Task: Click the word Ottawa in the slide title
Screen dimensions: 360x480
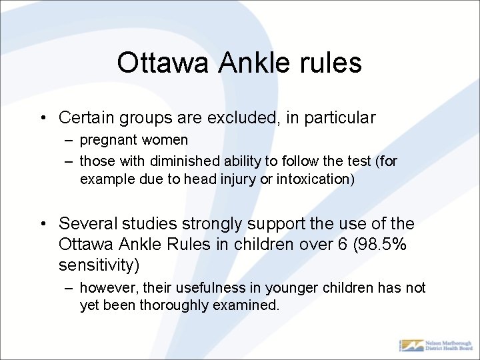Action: (x=157, y=63)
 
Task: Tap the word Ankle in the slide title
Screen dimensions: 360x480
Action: (x=245, y=63)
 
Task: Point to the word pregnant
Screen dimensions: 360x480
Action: (x=107, y=141)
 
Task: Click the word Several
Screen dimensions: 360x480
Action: (x=85, y=223)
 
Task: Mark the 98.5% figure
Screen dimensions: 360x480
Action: (x=383, y=244)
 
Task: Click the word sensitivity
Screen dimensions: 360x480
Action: (x=99, y=265)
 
